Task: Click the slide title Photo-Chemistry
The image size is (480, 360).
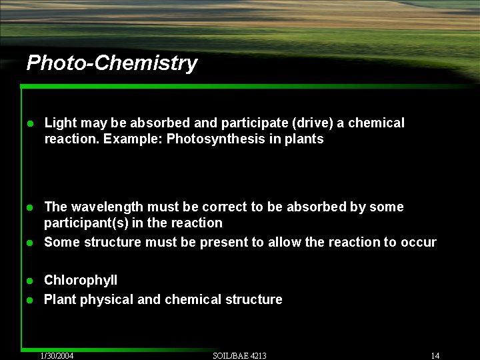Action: (111, 63)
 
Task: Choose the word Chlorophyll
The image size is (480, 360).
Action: (81, 281)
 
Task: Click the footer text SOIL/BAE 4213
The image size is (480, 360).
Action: (239, 355)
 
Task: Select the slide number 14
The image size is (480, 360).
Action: (435, 355)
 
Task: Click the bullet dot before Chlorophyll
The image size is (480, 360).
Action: (30, 281)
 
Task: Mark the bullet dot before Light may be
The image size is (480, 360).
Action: (30, 123)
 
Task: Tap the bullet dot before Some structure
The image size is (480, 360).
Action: (30, 243)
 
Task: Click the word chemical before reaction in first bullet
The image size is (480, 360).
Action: (377, 123)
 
